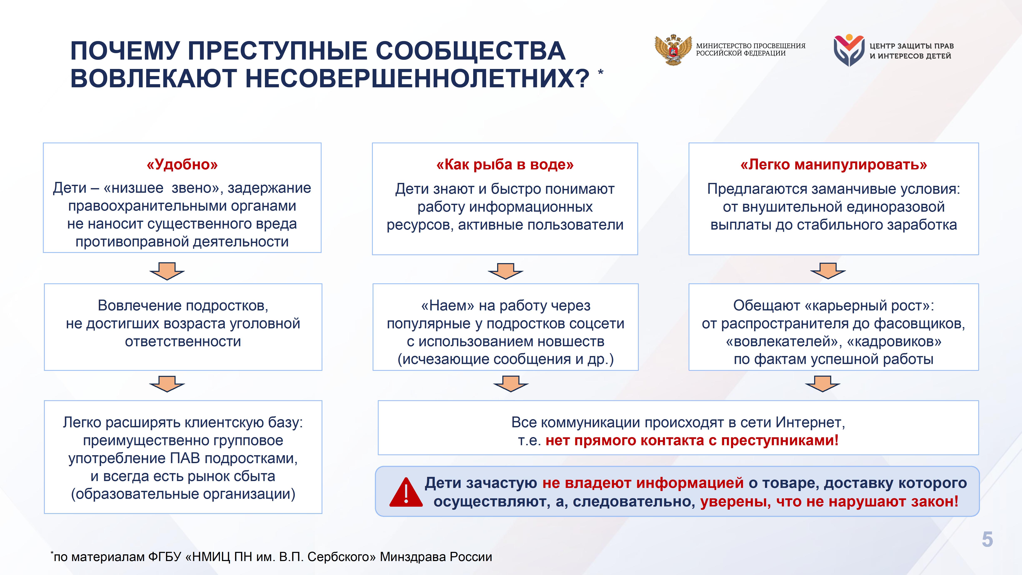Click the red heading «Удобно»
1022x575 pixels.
tap(182, 164)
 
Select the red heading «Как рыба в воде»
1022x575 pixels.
tap(505, 164)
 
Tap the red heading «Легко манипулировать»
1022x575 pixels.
tap(834, 164)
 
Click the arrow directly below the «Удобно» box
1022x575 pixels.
tap(167, 271)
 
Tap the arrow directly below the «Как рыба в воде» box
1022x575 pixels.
tap(505, 271)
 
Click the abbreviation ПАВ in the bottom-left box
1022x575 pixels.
tap(186, 458)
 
